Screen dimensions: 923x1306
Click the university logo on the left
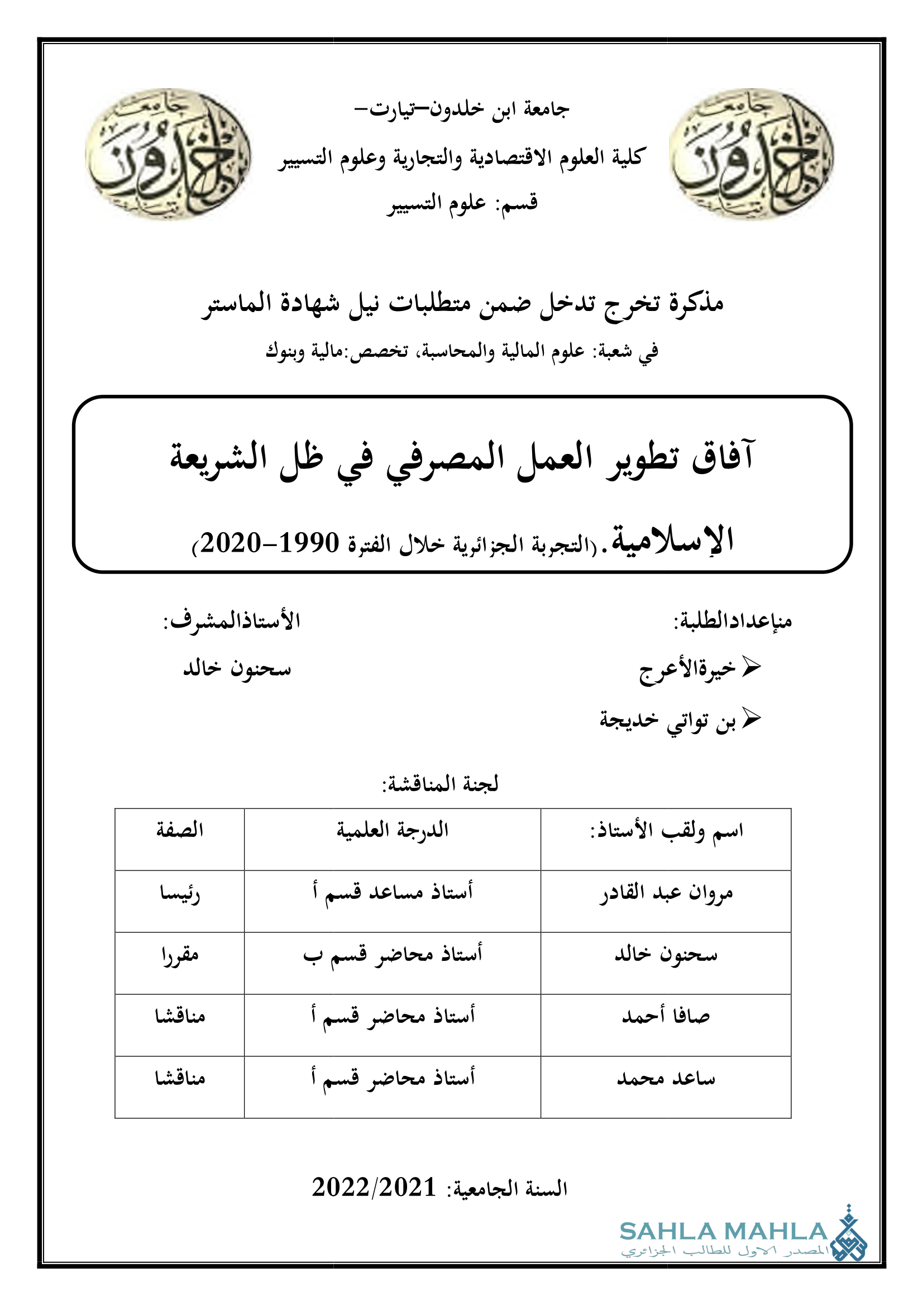click(168, 155)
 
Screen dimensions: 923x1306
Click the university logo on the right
click(751, 155)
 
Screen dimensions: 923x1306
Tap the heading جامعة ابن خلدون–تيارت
click(461, 109)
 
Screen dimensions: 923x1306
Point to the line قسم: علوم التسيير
click(462, 203)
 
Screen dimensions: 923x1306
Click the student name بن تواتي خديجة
click(668, 721)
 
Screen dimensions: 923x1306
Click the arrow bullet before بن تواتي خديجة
click(751, 719)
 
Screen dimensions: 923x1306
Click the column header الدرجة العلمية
click(393, 831)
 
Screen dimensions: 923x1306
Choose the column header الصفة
click(180, 830)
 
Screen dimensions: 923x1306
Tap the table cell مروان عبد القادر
click(666, 893)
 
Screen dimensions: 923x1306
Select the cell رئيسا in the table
click(180, 893)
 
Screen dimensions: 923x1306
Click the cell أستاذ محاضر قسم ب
click(393, 954)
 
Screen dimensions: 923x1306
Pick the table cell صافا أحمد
click(666, 1016)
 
